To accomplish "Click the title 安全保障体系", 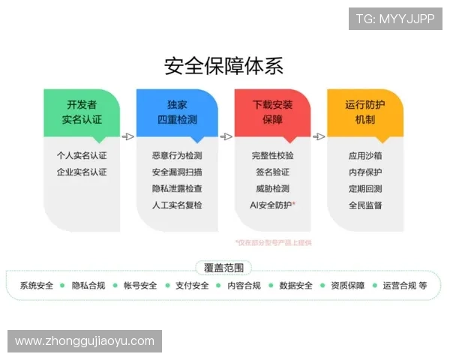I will [x=223, y=66].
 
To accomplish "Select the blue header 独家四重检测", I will [x=177, y=112].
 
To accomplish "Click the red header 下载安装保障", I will [x=272, y=112].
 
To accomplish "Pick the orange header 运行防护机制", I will [x=365, y=112].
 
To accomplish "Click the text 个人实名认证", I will [x=82, y=156].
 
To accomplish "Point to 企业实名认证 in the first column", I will [x=82, y=172].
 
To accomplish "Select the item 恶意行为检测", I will [x=177, y=156].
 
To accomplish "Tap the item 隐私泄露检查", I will [x=177, y=188].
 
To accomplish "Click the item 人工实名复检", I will [x=177, y=205].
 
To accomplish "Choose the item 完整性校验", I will [x=272, y=156].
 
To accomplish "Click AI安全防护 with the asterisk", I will [x=272, y=205].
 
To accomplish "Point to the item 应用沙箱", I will [x=365, y=156].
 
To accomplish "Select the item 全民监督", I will [x=365, y=205].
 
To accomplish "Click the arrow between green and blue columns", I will [x=128, y=136].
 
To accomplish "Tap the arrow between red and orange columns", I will [x=319, y=136].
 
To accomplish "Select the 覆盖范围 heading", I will [x=223, y=267].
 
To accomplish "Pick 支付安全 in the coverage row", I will [x=192, y=286].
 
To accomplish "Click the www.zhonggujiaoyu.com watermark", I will [x=84, y=341].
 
